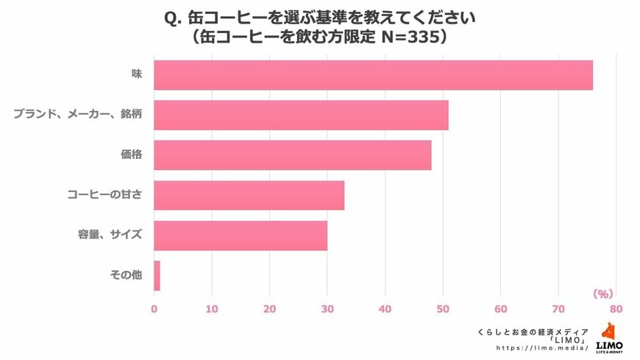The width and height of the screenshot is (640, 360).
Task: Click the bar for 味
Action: [x=373, y=75]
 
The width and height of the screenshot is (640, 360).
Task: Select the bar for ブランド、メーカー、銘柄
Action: [x=301, y=115]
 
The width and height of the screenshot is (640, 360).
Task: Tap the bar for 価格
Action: [x=292, y=155]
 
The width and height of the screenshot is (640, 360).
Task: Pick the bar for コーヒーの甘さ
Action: [x=249, y=195]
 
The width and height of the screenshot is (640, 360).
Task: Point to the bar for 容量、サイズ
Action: [x=241, y=235]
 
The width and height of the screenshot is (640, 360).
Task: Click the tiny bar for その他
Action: [x=157, y=275]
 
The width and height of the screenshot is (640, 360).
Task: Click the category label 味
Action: [x=137, y=75]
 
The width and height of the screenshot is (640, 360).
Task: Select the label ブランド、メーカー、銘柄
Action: [x=77, y=115]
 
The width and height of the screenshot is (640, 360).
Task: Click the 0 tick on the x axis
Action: [x=154, y=308]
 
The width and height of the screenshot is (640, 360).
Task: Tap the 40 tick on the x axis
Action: [x=385, y=308]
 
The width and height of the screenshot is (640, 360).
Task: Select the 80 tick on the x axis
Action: [x=616, y=308]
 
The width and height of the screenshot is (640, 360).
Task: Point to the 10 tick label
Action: [x=212, y=308]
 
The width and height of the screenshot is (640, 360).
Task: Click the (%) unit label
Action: [x=602, y=294]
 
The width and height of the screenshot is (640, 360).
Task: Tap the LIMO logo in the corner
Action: [x=610, y=338]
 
